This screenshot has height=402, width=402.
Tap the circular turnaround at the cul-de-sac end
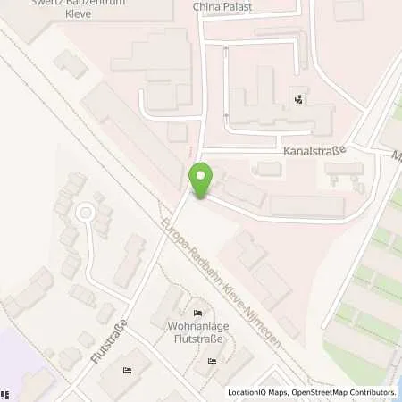pos(85,213)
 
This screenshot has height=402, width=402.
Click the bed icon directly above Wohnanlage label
pos(197,312)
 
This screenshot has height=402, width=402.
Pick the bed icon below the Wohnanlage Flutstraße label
pos(212,361)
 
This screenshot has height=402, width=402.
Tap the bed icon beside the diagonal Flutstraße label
pos(128,369)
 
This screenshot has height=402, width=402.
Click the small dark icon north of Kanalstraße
pos(297,99)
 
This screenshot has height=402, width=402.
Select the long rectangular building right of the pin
pos(306,206)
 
